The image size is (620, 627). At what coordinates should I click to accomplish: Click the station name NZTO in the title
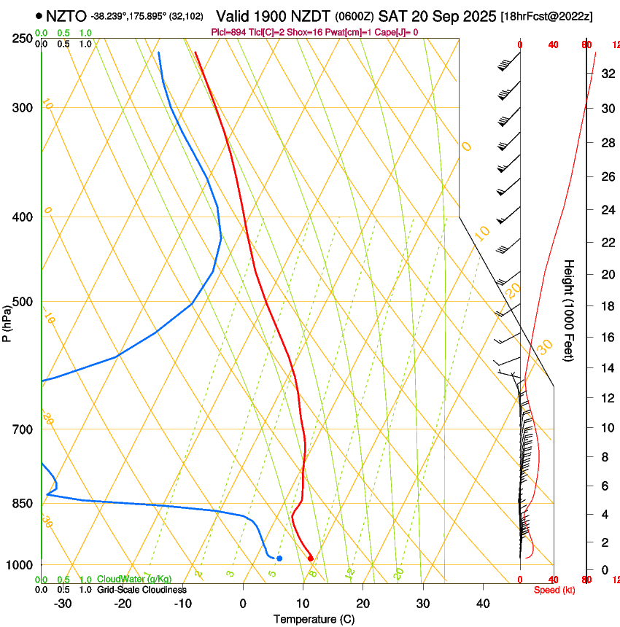coord(66,16)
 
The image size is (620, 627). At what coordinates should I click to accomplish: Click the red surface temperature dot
coord(311,558)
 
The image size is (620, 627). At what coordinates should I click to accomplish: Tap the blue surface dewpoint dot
coord(279,558)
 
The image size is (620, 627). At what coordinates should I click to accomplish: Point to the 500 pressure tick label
coord(23,302)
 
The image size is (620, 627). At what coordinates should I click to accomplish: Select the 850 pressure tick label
coord(23,503)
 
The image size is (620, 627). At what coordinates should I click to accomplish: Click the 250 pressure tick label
coord(23,39)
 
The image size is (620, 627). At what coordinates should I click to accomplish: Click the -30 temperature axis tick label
coord(63,603)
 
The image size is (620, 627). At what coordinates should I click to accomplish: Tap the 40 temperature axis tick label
coord(483,603)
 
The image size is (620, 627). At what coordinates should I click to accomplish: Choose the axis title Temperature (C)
coord(314,619)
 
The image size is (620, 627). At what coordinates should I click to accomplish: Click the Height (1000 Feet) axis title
coord(570,310)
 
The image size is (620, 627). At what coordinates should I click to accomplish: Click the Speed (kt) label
coord(554,590)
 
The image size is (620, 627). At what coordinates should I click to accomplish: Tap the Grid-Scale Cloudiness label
coord(142,589)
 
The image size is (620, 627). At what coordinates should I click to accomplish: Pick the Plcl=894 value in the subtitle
coord(227,32)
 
